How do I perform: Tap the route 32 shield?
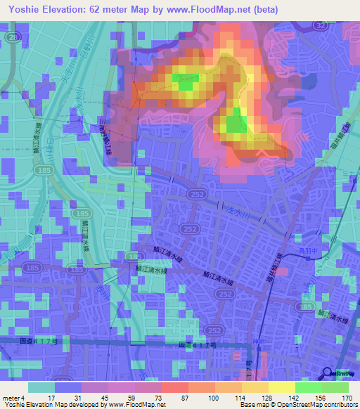coord(321,25)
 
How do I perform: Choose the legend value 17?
coord(52,398)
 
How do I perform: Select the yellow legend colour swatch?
coord(282,387)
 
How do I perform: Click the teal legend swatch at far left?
coord(41,387)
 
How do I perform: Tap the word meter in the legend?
coord(11,398)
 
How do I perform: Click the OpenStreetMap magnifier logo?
coord(328,373)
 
